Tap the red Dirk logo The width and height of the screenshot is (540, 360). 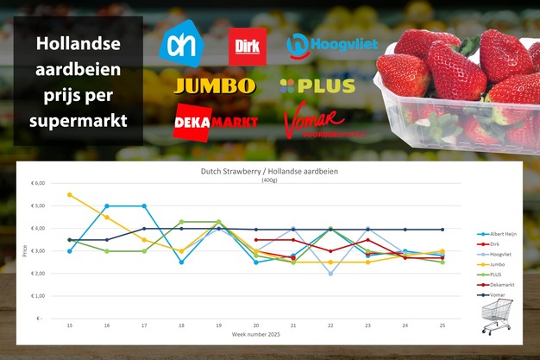coord(246,47)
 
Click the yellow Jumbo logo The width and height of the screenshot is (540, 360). coord(215,85)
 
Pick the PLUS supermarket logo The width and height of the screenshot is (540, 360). coord(317,85)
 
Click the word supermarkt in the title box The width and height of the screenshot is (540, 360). coord(78,121)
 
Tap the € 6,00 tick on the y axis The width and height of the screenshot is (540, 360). coord(38,184)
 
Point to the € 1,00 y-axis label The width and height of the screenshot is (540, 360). coord(38,296)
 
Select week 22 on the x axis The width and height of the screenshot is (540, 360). coord(330,325)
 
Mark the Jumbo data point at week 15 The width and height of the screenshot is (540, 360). coord(70,195)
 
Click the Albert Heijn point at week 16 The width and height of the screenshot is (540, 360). coord(107,206)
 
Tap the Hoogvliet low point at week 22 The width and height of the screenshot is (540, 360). coord(330,274)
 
